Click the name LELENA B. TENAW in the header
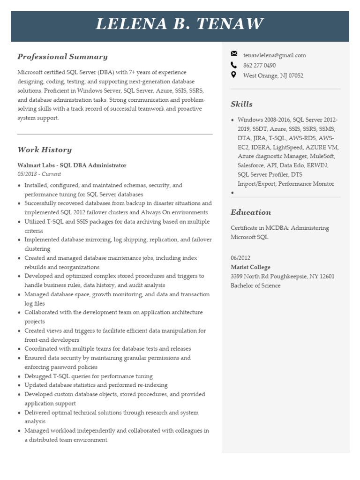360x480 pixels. (180, 24)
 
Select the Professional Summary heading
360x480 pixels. (62, 57)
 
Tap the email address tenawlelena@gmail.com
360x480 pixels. (274, 55)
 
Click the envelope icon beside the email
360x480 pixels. (234, 55)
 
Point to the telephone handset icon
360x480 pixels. (234, 65)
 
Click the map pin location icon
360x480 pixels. (234, 75)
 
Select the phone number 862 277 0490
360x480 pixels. (259, 66)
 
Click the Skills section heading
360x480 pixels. (241, 104)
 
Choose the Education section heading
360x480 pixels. (251, 212)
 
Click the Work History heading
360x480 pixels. (45, 150)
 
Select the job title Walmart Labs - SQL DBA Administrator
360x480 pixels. (72, 165)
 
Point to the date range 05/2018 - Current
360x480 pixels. (39, 174)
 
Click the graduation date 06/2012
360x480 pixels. (240, 258)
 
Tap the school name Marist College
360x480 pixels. (250, 267)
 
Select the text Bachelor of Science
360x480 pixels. (255, 285)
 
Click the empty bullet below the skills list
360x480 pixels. (232, 193)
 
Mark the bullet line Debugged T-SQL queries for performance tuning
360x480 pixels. (88, 376)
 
